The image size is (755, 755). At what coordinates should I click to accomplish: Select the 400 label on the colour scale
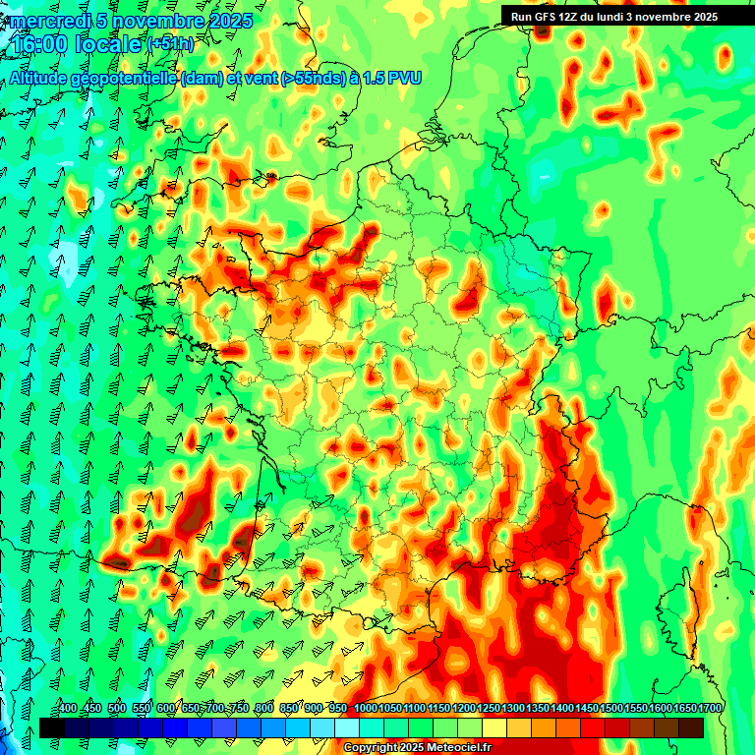click(x=67, y=709)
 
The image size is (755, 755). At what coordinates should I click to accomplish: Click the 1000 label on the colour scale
click(x=366, y=709)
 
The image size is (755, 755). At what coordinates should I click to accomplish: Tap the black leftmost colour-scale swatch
click(x=52, y=727)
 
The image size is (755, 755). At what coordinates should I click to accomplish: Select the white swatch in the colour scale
click(x=347, y=727)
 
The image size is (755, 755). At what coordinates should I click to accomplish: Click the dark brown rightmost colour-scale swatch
click(x=691, y=727)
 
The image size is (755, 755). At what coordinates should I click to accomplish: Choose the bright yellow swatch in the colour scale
click(x=494, y=727)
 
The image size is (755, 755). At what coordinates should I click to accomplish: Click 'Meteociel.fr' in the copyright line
click(x=458, y=748)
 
